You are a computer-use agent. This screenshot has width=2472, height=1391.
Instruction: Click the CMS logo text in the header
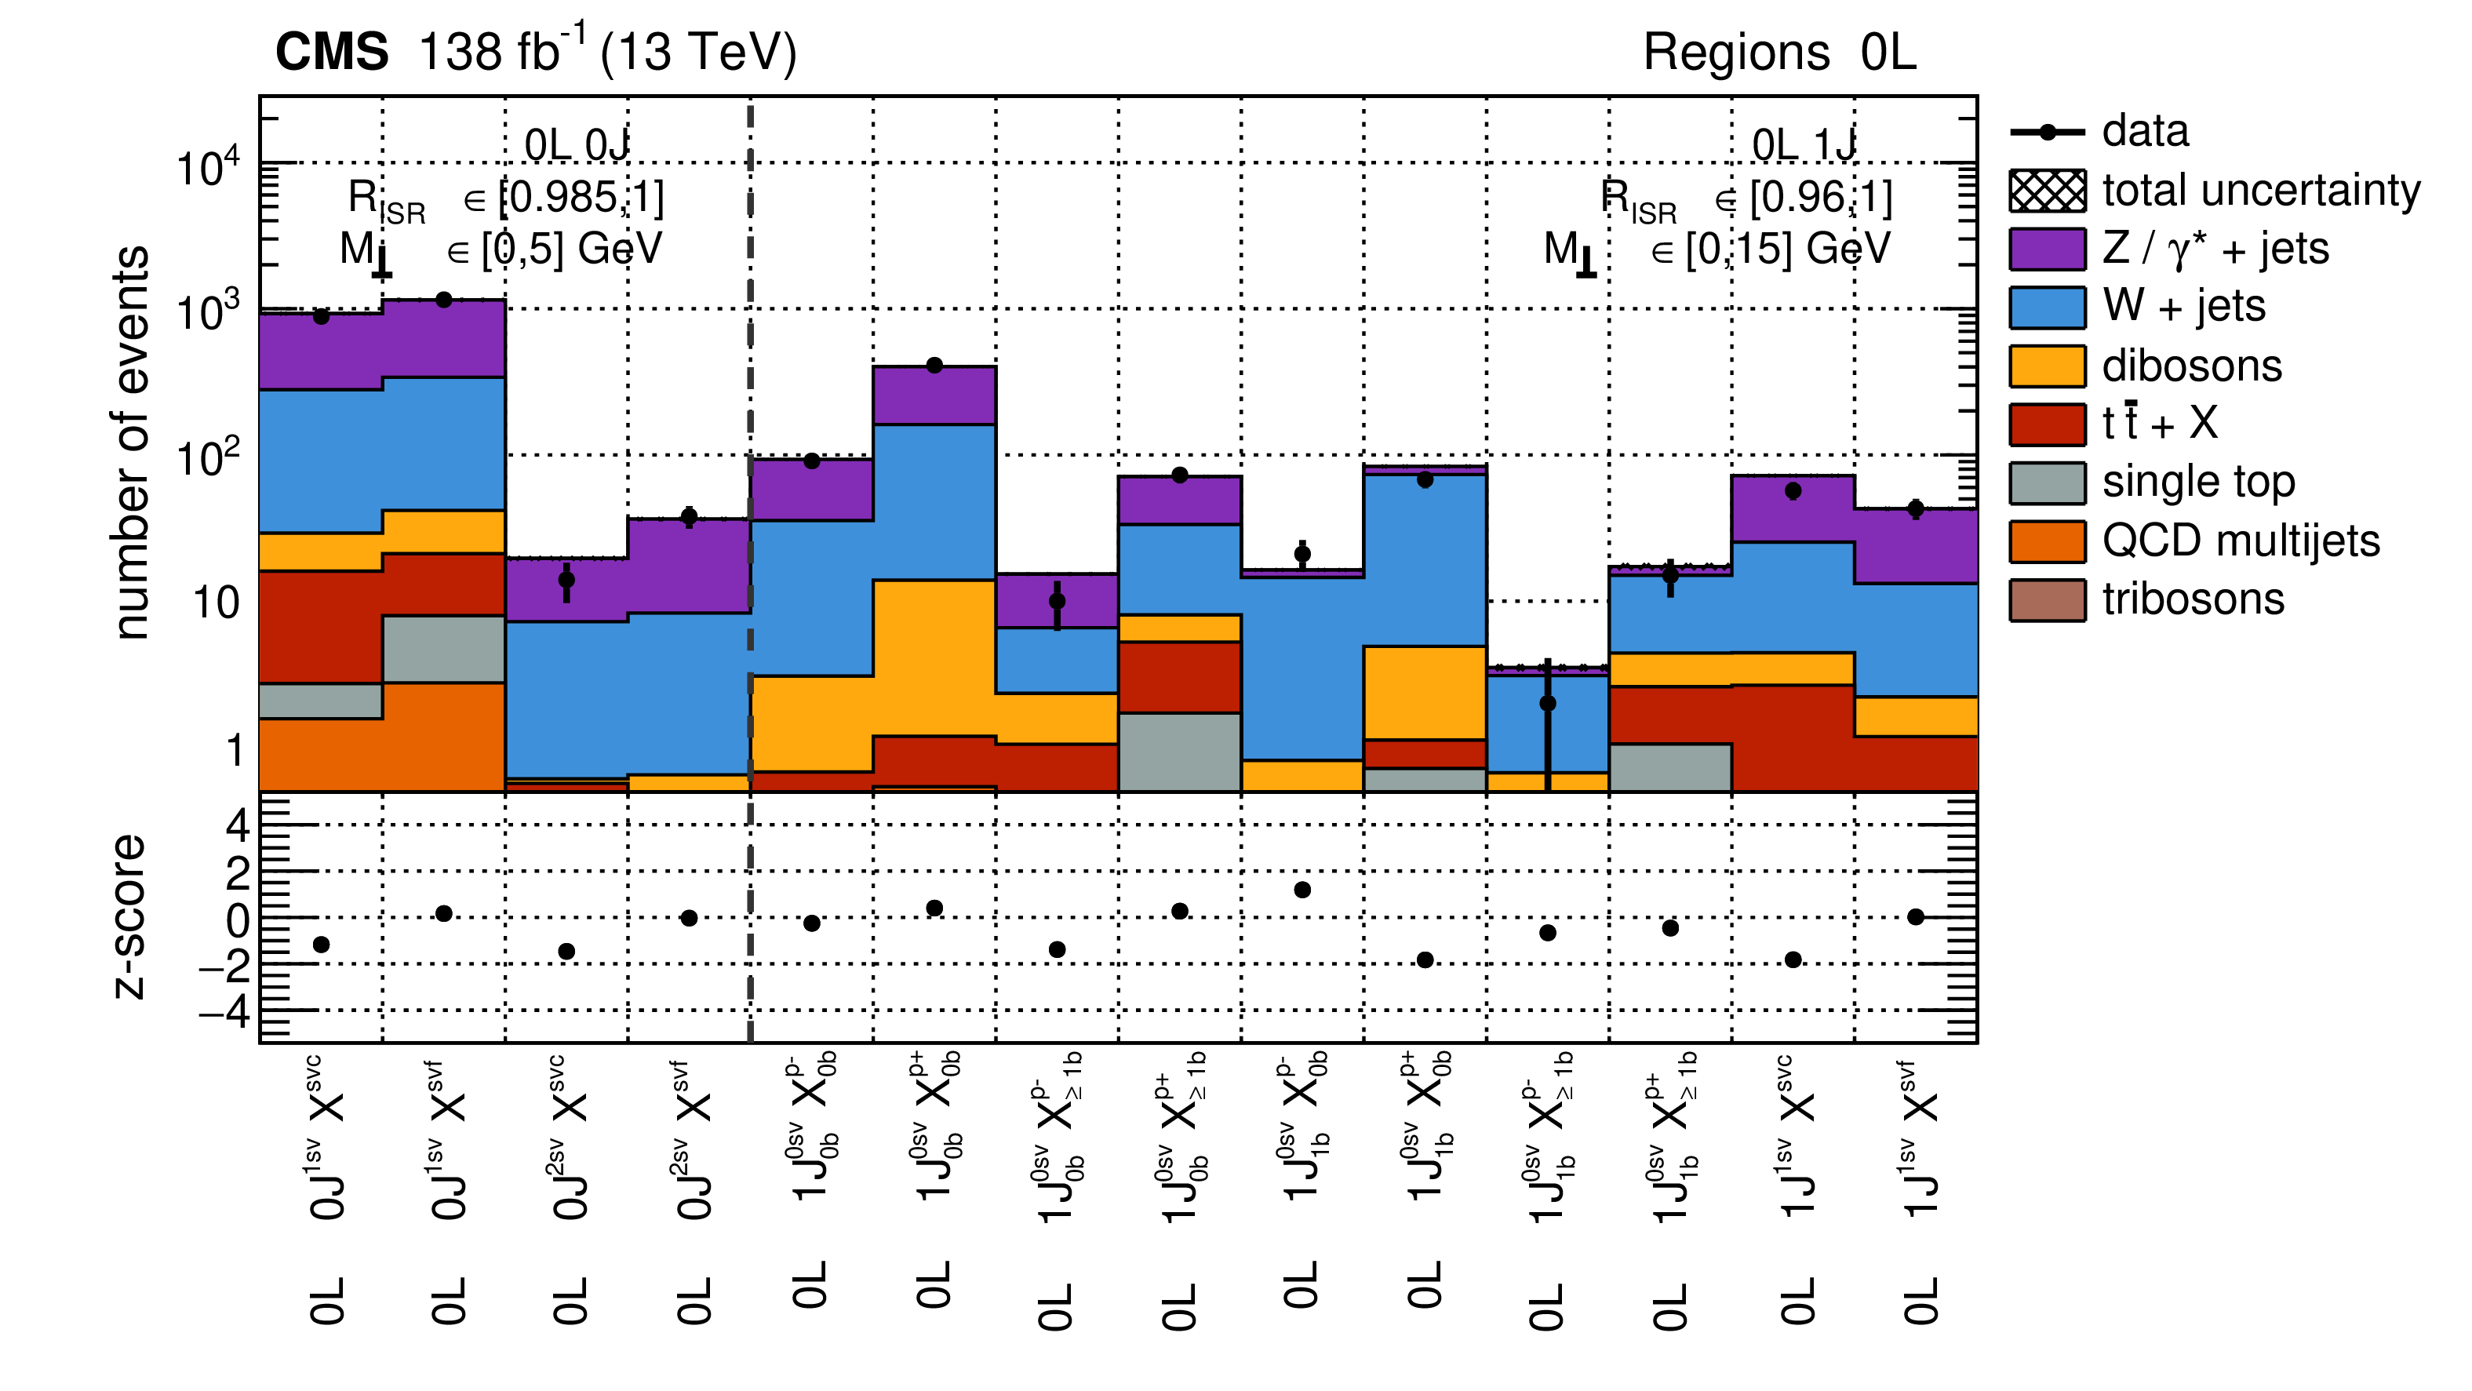coord(331,52)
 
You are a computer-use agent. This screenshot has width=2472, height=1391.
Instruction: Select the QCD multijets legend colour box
coord(2046,541)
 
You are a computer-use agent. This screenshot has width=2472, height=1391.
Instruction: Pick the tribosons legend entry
coord(2193,600)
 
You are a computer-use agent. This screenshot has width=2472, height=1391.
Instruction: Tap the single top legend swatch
coord(2046,482)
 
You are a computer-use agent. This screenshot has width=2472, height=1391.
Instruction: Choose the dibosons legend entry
coord(2191,366)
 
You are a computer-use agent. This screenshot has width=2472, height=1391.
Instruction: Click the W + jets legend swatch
coord(2046,308)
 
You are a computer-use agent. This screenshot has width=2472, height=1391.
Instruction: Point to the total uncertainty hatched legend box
coord(2046,190)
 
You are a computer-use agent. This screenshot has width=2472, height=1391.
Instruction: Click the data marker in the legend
coord(2046,133)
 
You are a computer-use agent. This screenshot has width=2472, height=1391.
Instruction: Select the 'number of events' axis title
coord(132,442)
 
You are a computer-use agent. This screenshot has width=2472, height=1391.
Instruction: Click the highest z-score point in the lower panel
coord(1302,890)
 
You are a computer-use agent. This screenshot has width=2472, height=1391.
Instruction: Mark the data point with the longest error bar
coord(1547,704)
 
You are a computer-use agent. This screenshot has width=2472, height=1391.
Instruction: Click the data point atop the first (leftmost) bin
coord(322,317)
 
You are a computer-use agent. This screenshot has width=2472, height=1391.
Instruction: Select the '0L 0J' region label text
coord(576,146)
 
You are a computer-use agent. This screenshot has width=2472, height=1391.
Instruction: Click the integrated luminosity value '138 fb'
coord(490,52)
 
